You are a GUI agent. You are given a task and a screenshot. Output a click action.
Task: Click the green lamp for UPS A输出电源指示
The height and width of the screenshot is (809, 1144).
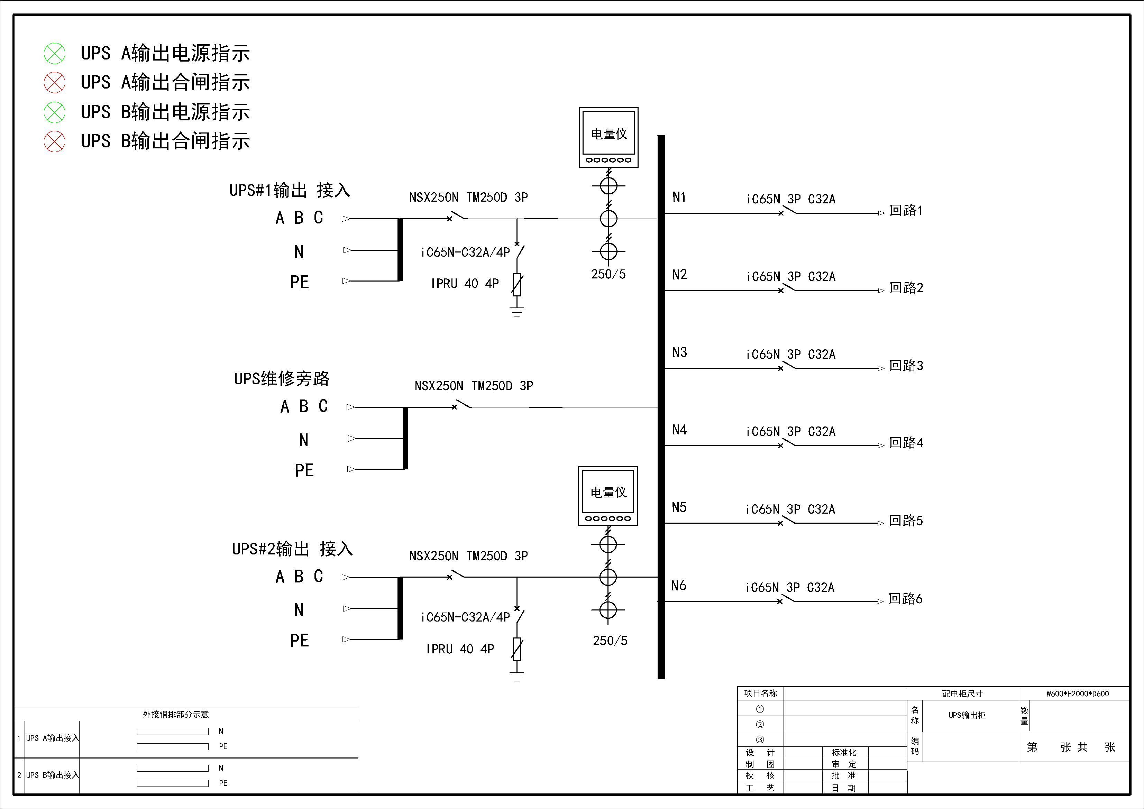[x=54, y=53]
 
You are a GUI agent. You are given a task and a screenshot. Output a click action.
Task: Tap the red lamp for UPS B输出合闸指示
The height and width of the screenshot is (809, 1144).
[x=54, y=141]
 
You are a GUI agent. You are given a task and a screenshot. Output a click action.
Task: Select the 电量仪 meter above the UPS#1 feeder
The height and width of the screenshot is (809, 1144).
[x=608, y=137]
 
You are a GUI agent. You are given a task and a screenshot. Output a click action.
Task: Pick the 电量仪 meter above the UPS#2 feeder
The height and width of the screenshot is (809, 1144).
[x=608, y=496]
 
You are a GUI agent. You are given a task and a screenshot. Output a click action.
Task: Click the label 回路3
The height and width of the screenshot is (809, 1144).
[x=906, y=366]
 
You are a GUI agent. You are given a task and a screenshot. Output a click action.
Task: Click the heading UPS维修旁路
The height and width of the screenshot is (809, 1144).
[x=282, y=379]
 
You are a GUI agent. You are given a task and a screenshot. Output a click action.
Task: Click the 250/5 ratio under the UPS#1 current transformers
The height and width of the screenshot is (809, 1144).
[x=608, y=274]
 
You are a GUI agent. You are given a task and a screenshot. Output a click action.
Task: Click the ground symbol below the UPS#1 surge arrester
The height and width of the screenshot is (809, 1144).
[x=517, y=313]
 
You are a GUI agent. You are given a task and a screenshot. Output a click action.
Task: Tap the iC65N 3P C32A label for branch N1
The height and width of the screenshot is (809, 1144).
[x=791, y=199]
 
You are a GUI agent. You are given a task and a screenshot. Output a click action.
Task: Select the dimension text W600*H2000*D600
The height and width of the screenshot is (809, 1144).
[x=1077, y=693]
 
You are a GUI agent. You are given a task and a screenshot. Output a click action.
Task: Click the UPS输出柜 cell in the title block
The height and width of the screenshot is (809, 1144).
[x=967, y=715]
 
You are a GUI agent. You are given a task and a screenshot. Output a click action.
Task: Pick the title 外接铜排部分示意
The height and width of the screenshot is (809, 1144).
[x=175, y=714]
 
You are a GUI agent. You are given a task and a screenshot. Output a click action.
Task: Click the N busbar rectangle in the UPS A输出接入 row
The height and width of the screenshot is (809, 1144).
[x=172, y=731]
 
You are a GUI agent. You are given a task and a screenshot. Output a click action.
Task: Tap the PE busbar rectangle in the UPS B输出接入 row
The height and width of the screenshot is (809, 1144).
[x=172, y=783]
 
